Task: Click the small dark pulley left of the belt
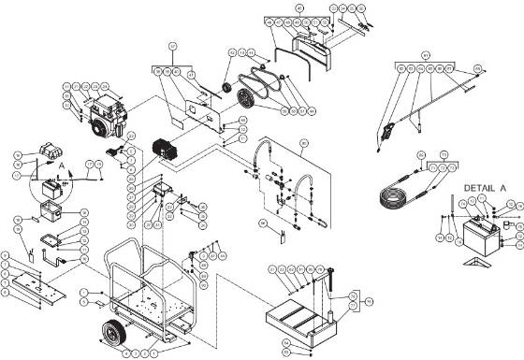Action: pos(226,89)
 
